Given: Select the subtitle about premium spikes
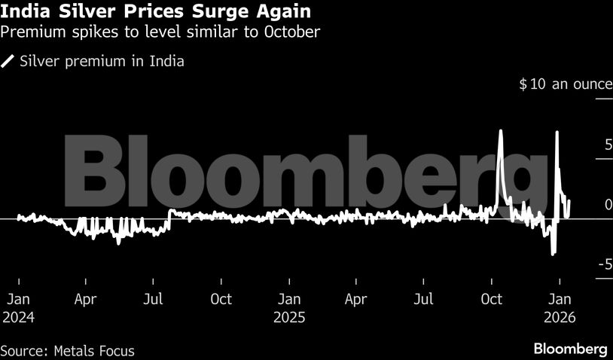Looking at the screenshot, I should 160,32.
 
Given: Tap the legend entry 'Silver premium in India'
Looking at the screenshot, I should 102,62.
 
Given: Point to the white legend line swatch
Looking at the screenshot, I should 8,62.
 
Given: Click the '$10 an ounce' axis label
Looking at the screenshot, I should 565,84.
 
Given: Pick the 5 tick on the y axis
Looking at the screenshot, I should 607,144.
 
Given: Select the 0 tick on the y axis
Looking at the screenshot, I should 607,204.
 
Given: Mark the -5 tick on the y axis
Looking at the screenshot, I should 604,264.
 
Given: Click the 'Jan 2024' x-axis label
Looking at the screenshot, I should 18,308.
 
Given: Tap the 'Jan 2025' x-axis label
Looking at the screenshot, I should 288,308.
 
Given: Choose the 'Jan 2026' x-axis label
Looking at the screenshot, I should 558,308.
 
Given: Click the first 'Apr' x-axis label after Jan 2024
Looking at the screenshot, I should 86,299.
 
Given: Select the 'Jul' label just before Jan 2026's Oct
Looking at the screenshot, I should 424,299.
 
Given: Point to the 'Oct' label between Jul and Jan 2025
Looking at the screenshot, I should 221,299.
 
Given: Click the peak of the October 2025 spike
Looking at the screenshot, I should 500,131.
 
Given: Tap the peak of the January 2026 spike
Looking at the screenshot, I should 557,133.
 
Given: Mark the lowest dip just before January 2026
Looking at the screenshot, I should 554,254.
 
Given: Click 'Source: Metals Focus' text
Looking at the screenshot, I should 68,350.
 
